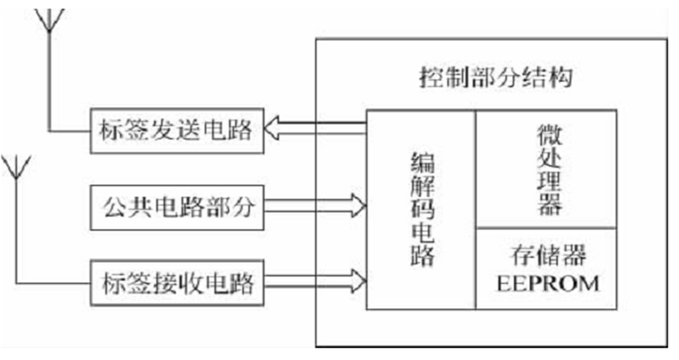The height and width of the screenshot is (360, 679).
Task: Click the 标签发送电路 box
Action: click(177, 131)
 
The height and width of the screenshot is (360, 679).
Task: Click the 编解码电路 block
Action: click(420, 209)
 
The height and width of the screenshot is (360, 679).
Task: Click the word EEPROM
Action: click(548, 284)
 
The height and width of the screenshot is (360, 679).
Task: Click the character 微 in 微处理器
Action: click(548, 134)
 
